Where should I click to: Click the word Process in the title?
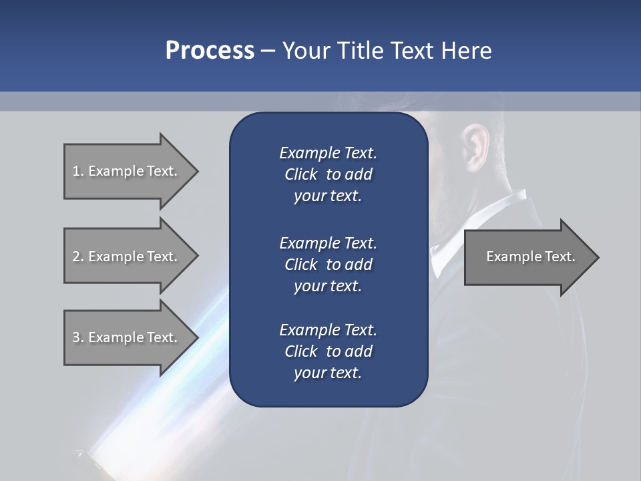pyautogui.click(x=210, y=51)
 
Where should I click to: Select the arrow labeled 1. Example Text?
pyautogui.click(x=127, y=171)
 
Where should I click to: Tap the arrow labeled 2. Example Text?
pyautogui.click(x=127, y=257)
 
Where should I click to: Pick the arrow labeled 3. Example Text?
pyautogui.click(x=127, y=337)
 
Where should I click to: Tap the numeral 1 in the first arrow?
pyautogui.click(x=75, y=171)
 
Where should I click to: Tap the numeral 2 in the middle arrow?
pyautogui.click(x=75, y=257)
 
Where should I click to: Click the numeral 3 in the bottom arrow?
pyautogui.click(x=75, y=337)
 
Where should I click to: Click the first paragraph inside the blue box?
pyautogui.click(x=328, y=174)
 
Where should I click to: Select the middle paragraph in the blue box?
pyautogui.click(x=328, y=265)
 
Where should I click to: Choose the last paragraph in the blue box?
pyautogui.click(x=328, y=351)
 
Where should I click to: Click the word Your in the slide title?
pyautogui.click(x=305, y=51)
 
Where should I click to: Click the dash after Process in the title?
pyautogui.click(x=268, y=51)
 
